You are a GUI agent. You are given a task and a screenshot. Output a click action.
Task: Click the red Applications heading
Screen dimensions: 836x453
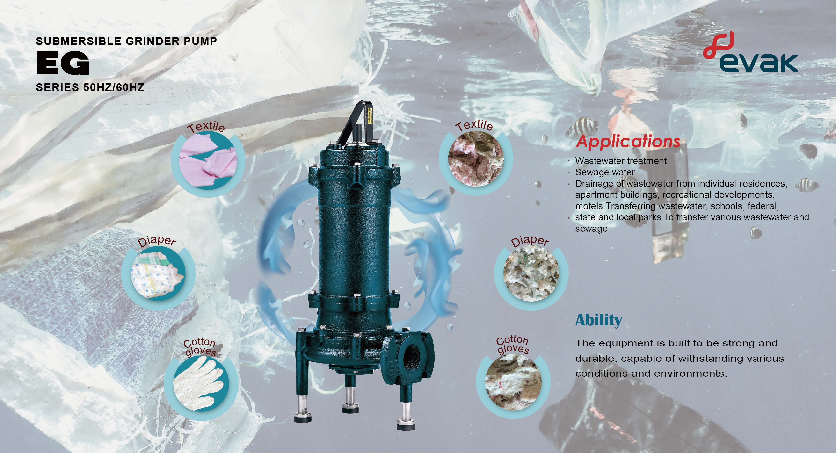click(628, 142)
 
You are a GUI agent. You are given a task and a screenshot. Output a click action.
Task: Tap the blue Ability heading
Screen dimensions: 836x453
click(599, 320)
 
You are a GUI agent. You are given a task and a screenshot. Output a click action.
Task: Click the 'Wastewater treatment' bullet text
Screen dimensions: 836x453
click(620, 161)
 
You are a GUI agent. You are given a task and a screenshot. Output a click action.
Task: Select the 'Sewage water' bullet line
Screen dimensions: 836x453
click(605, 172)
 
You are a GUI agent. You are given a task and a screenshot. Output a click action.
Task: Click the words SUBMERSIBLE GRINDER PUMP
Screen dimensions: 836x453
click(126, 41)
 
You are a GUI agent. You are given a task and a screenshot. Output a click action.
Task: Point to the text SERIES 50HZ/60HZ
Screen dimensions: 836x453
click(90, 87)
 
